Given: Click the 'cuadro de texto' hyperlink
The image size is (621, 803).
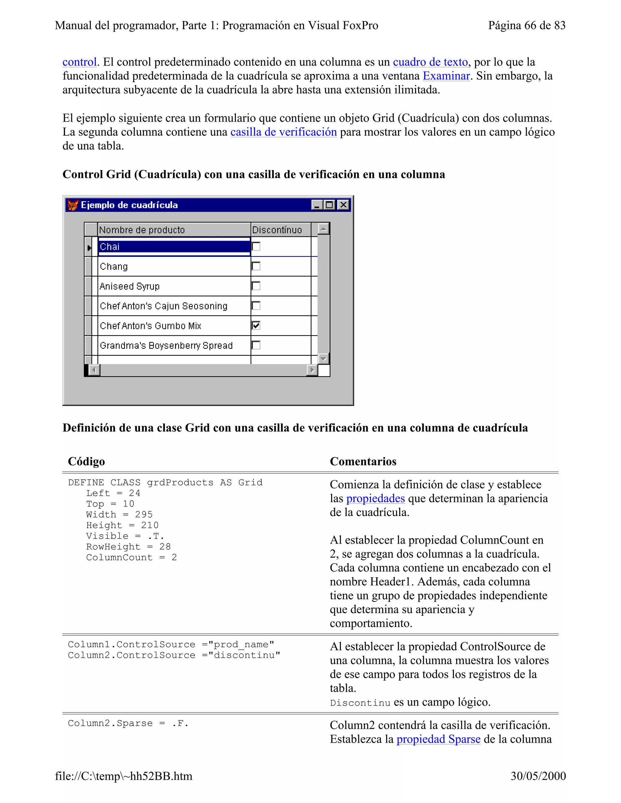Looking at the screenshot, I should [430, 62].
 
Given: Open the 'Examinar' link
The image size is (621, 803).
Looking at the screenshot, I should [446, 76].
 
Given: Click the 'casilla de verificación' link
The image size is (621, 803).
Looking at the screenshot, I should [283, 132].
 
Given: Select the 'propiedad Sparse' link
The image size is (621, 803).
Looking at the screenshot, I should [438, 739].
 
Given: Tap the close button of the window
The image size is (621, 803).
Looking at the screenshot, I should [343, 205].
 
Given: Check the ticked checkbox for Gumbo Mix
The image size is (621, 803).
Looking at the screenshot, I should [256, 325].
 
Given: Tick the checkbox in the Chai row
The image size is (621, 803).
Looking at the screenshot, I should [256, 246].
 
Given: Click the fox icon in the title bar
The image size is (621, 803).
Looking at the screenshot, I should [73, 205].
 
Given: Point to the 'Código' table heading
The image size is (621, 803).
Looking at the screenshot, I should [86, 461].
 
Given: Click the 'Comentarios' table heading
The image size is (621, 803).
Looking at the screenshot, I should [363, 461].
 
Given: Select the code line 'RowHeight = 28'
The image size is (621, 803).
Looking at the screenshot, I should [128, 547].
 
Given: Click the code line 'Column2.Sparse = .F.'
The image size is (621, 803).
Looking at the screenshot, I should [128, 724].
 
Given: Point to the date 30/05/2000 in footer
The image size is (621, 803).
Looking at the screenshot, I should [538, 776].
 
